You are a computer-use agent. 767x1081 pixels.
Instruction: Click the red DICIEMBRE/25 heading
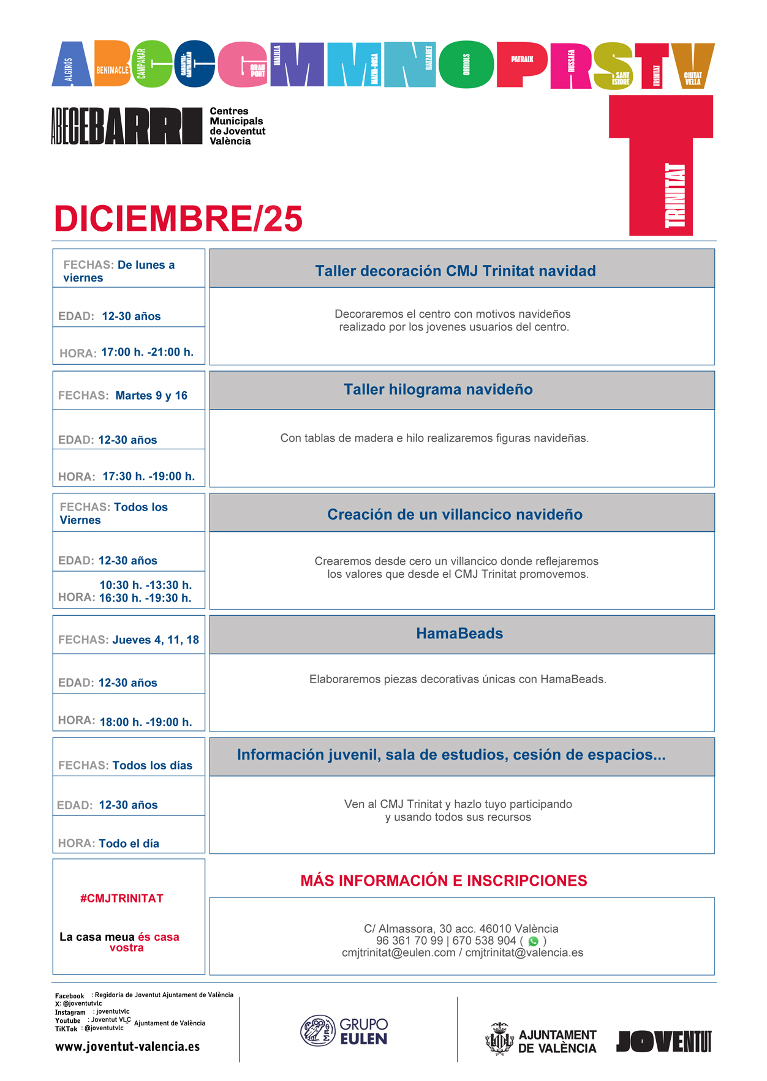click(x=178, y=219)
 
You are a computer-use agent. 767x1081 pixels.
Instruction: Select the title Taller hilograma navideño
click(x=438, y=389)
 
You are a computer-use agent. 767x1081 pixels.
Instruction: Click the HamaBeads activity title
click(x=459, y=634)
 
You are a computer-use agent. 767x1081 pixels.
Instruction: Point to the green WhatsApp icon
click(x=533, y=941)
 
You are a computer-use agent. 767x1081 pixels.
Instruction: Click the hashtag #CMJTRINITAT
click(x=122, y=898)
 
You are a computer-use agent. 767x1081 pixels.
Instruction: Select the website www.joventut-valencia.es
click(x=127, y=1047)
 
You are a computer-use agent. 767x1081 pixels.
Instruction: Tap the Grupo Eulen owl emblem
click(x=317, y=1030)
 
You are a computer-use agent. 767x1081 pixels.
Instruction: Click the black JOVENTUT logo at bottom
click(x=663, y=1041)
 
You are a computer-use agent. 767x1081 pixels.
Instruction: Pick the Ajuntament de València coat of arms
click(x=499, y=1039)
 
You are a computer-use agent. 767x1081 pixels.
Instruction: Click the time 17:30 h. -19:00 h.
click(x=148, y=476)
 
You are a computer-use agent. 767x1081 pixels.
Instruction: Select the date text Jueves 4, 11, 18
click(x=156, y=640)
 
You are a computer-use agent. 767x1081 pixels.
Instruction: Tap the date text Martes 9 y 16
click(x=151, y=395)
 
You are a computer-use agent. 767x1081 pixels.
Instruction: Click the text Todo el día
click(x=129, y=843)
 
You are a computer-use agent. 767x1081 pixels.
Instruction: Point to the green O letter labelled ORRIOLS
click(x=467, y=64)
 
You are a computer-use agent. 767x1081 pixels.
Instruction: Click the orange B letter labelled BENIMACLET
click(x=113, y=64)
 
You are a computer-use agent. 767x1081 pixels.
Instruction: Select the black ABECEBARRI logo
click(x=126, y=126)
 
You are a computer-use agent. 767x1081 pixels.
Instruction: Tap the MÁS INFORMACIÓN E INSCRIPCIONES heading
click(x=444, y=880)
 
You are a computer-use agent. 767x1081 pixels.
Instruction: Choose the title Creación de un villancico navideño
click(x=455, y=514)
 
